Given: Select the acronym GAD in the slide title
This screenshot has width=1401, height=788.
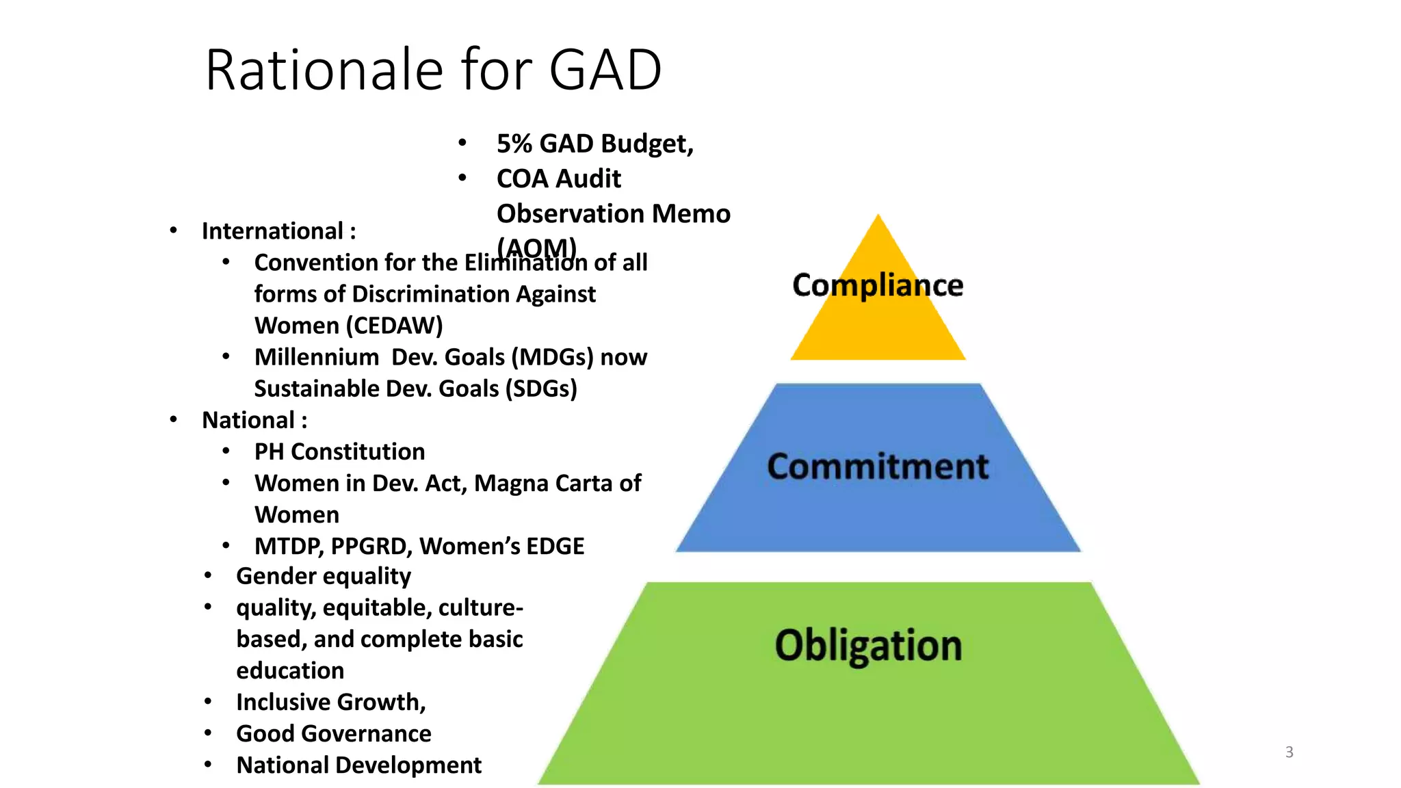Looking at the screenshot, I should [605, 70].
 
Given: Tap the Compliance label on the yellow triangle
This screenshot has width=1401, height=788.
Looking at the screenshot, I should [878, 285].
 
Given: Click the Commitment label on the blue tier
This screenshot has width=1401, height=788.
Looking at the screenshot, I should [878, 467].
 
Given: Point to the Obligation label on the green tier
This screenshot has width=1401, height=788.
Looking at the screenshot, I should [868, 645].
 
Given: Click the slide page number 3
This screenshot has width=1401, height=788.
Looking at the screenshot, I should [1289, 752].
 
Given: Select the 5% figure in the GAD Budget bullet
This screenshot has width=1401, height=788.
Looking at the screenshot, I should [514, 144].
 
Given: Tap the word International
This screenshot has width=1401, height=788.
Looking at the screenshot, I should [272, 231].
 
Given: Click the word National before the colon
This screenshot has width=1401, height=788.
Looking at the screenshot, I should [248, 420].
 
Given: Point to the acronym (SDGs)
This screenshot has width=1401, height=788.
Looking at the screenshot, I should [541, 389].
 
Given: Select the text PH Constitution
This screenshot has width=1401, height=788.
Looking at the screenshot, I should [339, 451].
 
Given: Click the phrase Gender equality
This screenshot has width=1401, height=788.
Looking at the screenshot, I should [324, 576].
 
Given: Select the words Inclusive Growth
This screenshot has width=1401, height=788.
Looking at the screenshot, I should [330, 702].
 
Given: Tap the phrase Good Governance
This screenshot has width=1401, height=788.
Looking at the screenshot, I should [334, 733].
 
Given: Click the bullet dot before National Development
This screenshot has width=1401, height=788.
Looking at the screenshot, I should [208, 764].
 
